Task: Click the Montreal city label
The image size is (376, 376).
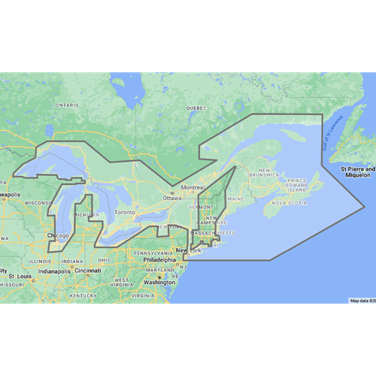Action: click(193, 187)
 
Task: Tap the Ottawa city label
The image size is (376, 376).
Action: click(171, 198)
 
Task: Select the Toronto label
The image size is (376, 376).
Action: click(125, 213)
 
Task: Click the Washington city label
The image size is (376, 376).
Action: click(159, 282)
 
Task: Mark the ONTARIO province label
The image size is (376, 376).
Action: click(66, 105)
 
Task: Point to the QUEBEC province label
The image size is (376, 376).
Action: click(196, 108)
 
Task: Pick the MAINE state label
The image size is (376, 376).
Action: click(235, 199)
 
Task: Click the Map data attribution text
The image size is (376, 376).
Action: click(362, 300)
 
